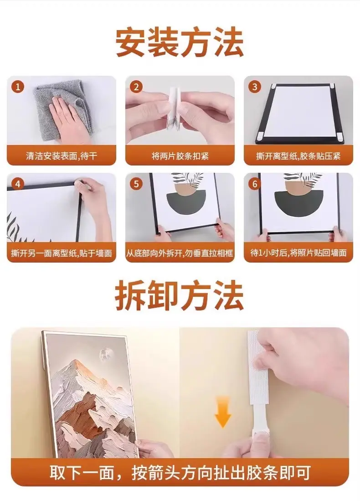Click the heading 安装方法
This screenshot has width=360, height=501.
click(x=180, y=43)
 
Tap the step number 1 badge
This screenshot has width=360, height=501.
click(x=18, y=87)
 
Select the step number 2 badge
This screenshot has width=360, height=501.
click(x=136, y=87)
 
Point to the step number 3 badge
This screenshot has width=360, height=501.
click(x=255, y=87)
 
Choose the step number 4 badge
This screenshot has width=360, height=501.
click(x=18, y=184)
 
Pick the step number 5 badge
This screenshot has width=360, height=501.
click(x=136, y=184)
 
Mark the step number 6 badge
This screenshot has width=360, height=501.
click(x=255, y=184)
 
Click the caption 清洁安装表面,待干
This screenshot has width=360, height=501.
click(x=62, y=156)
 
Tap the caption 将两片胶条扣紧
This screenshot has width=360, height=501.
click(x=180, y=156)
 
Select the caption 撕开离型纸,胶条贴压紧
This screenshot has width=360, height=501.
click(x=298, y=156)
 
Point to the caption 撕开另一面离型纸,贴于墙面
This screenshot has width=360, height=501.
click(x=62, y=253)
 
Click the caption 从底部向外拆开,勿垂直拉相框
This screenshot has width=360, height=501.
click(x=180, y=253)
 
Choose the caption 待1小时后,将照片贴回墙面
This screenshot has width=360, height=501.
click(x=298, y=253)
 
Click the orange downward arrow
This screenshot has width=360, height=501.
click(x=223, y=412)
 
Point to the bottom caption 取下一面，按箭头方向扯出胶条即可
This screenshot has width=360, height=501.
click(x=180, y=473)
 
